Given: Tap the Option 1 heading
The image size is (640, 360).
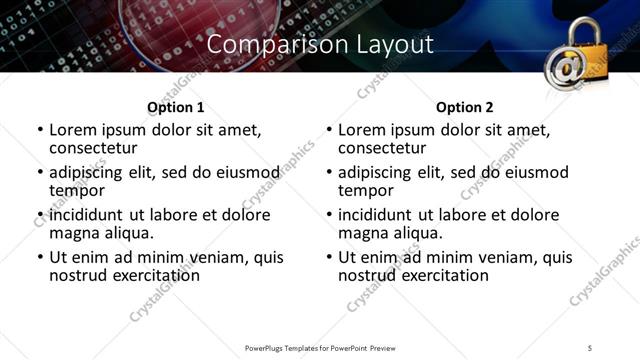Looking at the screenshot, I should (x=175, y=107).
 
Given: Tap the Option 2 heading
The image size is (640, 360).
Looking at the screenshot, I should (x=464, y=107).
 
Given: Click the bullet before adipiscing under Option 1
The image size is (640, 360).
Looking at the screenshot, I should (x=40, y=173).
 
